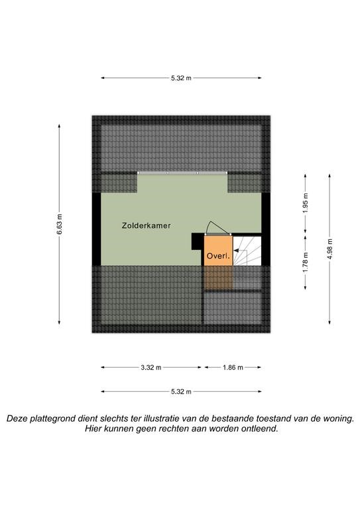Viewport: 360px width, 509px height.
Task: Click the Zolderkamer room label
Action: [146, 225]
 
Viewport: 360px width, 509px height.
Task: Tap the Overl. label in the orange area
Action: [218, 256]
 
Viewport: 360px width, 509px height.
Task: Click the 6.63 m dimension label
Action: [59, 224]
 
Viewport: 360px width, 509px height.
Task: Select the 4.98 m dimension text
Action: [330, 249]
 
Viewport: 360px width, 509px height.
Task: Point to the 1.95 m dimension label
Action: [305, 203]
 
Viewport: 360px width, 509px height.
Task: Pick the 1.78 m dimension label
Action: [305, 262]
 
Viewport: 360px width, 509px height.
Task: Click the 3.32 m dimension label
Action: [151, 367]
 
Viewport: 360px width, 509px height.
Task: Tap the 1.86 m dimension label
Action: [233, 367]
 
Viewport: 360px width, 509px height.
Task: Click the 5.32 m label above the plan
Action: [181, 78]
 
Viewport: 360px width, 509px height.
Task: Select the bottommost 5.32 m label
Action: [181, 392]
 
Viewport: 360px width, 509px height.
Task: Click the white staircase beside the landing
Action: [247, 251]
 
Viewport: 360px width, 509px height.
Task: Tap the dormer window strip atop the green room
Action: [182, 173]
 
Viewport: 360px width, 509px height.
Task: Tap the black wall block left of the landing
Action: [198, 241]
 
